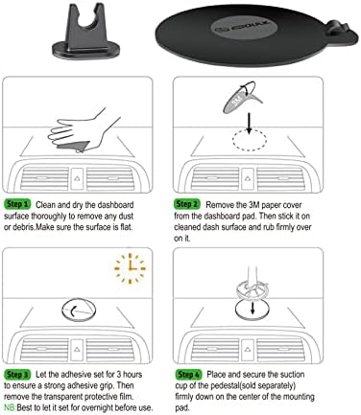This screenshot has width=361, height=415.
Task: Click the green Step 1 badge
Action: [x=17, y=204]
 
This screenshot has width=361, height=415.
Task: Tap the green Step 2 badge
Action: [x=187, y=204]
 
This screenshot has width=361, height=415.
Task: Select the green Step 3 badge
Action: [x=17, y=371]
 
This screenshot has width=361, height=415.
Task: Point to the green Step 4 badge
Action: [x=187, y=371]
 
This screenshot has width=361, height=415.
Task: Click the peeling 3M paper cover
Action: [x=248, y=98]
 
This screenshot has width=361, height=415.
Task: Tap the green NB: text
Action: [x=12, y=407]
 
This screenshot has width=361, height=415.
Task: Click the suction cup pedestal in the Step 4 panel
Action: [x=252, y=288]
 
